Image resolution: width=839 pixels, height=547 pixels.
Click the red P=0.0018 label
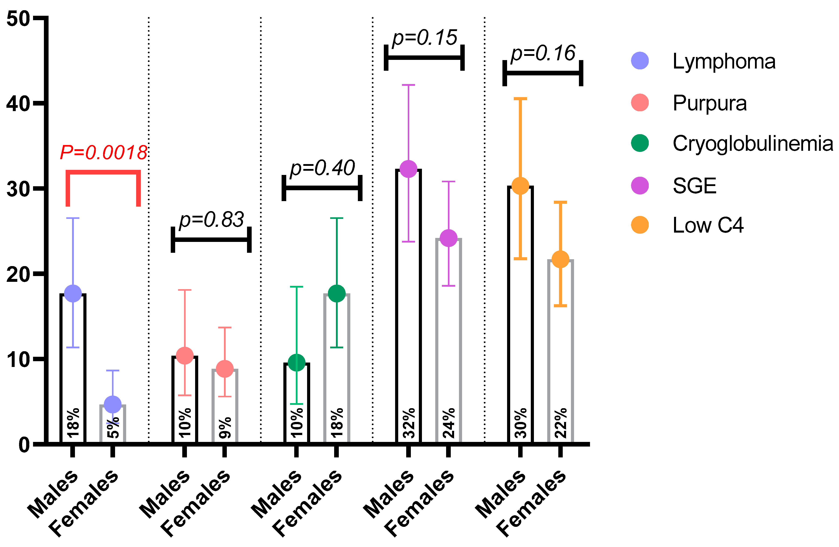point(103,153)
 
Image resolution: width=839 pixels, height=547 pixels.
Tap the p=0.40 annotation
point(322,168)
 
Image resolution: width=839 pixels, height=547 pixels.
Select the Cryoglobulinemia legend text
point(752,144)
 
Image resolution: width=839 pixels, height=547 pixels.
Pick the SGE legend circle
point(640,186)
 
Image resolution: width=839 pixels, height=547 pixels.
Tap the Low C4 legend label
point(708,225)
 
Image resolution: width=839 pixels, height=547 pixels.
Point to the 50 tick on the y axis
point(18,18)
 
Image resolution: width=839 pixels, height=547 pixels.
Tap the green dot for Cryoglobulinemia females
point(337,293)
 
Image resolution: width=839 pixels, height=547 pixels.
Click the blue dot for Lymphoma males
point(73,293)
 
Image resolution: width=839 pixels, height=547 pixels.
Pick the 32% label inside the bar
point(409,423)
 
